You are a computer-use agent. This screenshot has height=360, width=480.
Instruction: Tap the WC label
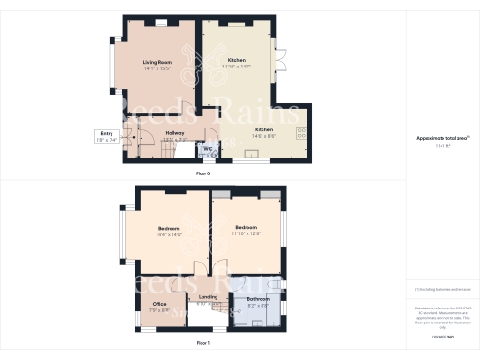205,148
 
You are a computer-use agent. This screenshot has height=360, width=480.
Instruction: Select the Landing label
208,299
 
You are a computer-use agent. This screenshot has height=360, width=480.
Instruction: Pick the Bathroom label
258,301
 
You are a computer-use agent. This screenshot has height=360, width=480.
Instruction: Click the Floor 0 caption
202,174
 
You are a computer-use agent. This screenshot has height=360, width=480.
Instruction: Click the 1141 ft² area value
442,145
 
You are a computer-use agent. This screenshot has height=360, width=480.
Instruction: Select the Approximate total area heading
442,138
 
